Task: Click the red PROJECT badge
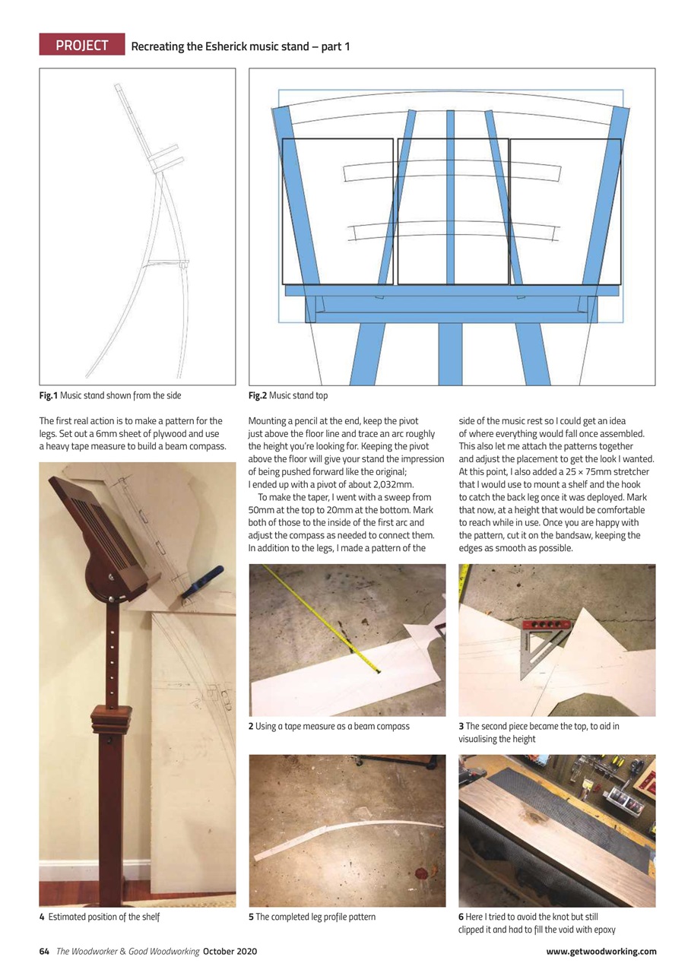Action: click(82, 46)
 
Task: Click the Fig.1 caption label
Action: click(48, 395)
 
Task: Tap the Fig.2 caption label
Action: click(258, 395)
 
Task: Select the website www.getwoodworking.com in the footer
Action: click(601, 951)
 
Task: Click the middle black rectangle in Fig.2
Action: click(452, 211)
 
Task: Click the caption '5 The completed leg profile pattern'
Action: click(312, 917)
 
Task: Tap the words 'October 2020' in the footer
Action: click(230, 951)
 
